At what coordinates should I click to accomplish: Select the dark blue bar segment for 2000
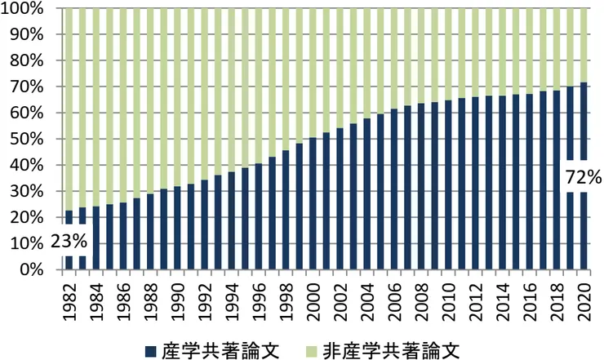313,204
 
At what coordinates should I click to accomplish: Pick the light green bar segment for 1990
177,98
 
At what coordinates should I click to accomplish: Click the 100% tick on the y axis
30,9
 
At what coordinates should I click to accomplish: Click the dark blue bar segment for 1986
122,237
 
